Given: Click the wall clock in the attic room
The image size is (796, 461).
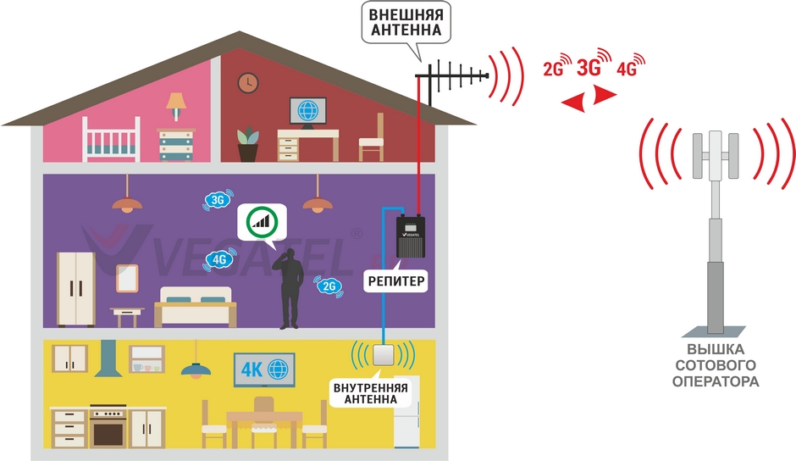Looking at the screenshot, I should [247, 83].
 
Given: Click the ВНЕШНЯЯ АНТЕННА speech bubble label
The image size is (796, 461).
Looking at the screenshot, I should [406, 23].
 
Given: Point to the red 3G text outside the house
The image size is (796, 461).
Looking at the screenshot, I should [589, 68].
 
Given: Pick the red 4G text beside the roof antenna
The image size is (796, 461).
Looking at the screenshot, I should [627, 69].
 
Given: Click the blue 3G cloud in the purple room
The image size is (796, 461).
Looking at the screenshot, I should [217, 200].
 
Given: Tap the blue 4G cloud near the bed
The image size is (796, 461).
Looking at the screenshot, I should [220, 258].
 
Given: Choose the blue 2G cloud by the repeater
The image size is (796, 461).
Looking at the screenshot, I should [329, 286].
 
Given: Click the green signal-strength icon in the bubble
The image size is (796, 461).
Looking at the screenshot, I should [263, 222].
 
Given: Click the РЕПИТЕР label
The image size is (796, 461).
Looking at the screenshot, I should [395, 280].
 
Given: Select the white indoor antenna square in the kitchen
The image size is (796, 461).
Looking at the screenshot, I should [383, 353].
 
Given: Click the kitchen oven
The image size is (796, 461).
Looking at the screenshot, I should [109, 429].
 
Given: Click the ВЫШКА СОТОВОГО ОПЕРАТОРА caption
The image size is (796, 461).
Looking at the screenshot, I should [716, 365].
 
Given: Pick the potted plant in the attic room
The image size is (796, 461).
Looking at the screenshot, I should [247, 145].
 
